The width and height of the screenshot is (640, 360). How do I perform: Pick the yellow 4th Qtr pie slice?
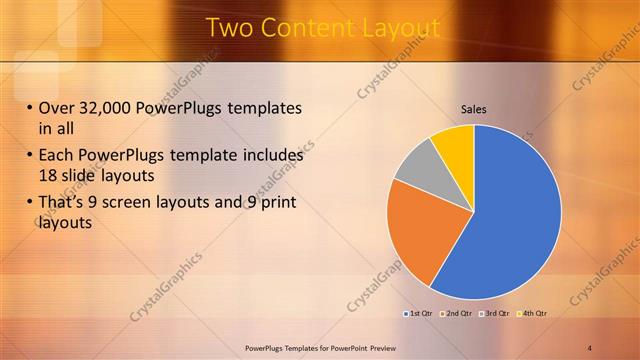click(455, 144)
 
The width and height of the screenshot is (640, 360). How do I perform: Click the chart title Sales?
click(473, 109)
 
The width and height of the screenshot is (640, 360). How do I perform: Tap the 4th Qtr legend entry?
click(533, 313)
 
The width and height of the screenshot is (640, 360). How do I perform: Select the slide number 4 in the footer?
click(590, 347)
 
